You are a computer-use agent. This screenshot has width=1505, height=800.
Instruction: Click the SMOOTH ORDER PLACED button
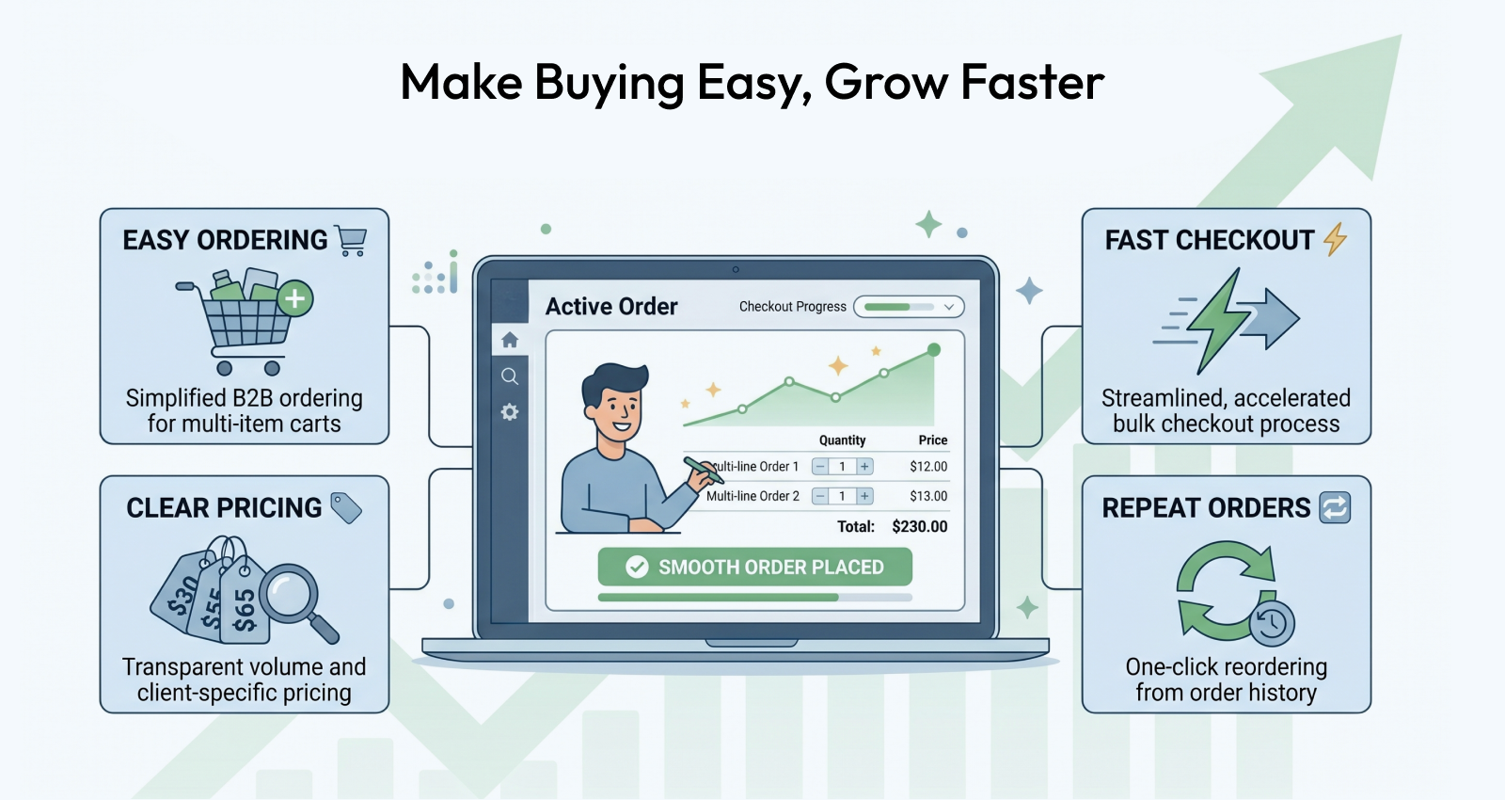point(754,567)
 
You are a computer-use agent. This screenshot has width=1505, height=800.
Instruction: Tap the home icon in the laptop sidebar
point(510,340)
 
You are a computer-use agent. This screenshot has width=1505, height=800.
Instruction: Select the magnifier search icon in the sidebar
point(510,376)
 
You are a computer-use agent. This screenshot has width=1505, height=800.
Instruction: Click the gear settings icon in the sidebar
point(510,411)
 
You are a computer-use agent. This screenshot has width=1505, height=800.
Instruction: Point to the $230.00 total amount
point(920,526)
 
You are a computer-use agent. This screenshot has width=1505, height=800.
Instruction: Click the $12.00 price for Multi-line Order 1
point(928,467)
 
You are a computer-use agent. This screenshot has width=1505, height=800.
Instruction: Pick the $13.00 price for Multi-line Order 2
point(928,496)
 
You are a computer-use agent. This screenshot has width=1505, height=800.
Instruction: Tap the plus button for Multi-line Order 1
point(864,467)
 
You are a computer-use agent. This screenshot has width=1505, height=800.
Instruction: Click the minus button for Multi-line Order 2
point(819,496)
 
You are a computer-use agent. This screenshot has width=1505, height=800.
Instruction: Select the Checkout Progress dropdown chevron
point(949,307)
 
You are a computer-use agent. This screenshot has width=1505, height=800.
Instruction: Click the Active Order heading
point(611,307)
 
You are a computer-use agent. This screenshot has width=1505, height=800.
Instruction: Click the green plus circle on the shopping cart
point(295,298)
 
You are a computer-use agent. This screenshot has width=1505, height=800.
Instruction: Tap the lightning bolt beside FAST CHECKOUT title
point(1336,239)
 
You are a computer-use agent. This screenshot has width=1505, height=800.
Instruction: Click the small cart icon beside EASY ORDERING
point(352,241)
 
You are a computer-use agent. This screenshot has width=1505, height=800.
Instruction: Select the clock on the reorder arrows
point(1272,623)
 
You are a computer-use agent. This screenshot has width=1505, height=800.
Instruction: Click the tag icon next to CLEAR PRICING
point(346,507)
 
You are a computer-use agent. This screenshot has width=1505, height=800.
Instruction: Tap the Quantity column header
point(842,440)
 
